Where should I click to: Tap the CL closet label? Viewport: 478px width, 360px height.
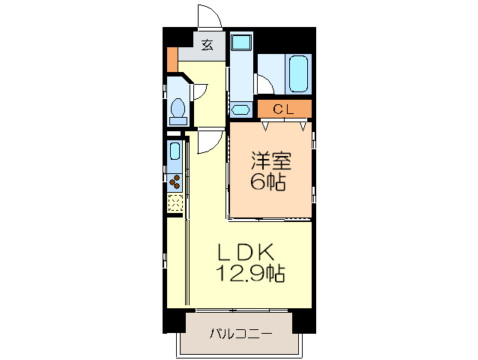(x=282, y=109)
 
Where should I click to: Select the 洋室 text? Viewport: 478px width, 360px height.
(x=270, y=160)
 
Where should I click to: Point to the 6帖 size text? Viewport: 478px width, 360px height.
(x=268, y=181)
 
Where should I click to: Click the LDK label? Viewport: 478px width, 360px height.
(x=239, y=252)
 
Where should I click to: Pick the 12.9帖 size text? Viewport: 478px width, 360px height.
(x=250, y=274)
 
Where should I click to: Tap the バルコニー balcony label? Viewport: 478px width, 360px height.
(x=240, y=332)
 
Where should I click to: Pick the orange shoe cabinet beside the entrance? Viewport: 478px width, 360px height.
(x=172, y=58)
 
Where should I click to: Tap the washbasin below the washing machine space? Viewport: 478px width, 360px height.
(x=241, y=109)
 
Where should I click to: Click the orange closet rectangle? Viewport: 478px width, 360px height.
(x=283, y=109)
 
